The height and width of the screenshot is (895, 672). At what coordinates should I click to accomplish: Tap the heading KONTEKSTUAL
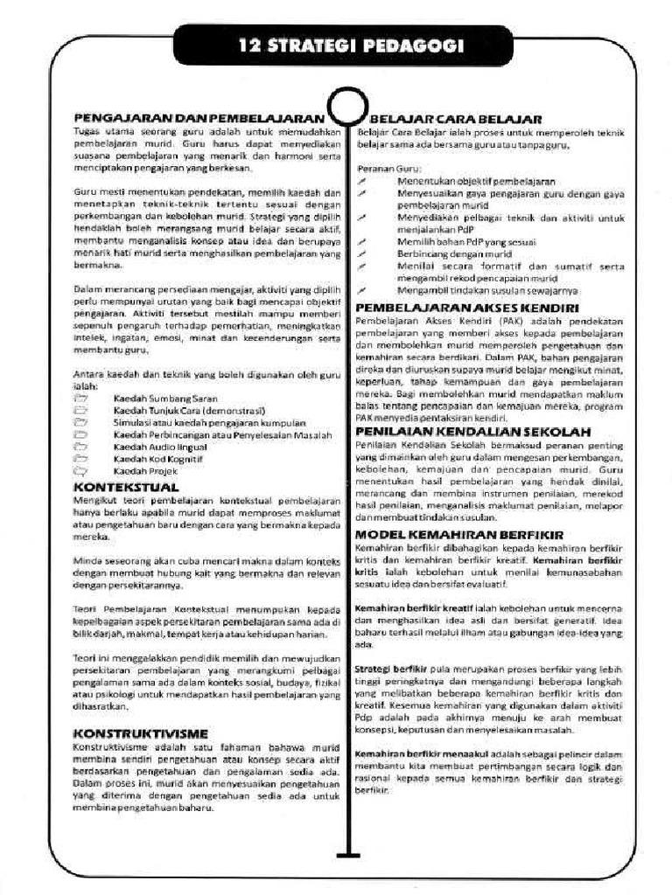[126, 486]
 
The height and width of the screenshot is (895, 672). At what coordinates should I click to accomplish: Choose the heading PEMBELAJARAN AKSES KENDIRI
[467, 309]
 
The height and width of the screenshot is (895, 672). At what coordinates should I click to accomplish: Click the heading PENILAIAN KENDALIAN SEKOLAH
[472, 432]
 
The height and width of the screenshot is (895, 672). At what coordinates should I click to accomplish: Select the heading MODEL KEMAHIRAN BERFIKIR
[458, 533]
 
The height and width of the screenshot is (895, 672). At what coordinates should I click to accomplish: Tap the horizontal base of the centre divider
[347, 853]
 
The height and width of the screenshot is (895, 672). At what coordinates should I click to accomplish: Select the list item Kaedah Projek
[140, 470]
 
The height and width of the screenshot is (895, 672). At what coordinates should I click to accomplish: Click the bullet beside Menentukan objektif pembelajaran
[360, 180]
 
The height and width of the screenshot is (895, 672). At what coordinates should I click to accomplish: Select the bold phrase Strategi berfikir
[383, 669]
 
